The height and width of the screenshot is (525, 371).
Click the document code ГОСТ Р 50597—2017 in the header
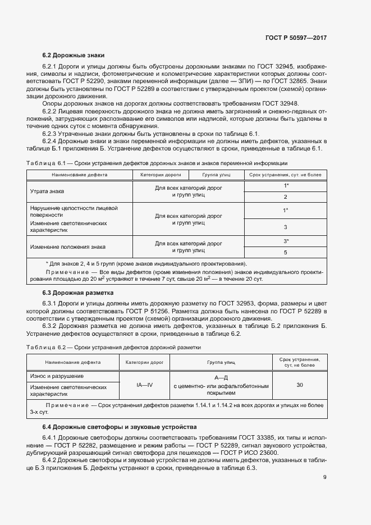tap(296, 38)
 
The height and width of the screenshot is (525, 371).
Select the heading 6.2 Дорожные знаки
tap(71, 56)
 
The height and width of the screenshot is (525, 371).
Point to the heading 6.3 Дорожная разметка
tap(78, 293)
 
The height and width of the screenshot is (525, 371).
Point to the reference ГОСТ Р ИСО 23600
tap(249, 453)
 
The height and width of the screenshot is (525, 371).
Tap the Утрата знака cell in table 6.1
tap(47, 191)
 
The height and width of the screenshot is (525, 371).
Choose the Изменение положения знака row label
tap(67, 247)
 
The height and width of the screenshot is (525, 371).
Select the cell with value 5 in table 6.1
tap(286, 253)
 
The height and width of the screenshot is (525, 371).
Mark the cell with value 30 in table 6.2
tap(300, 385)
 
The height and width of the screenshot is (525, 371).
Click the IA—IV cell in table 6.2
tap(144, 386)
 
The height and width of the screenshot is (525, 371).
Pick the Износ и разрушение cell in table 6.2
tap(57, 376)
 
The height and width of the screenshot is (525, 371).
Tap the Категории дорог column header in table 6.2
tap(144, 363)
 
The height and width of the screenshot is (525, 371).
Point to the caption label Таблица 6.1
tap(47, 163)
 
